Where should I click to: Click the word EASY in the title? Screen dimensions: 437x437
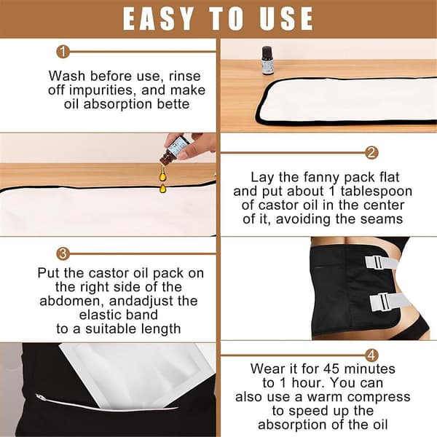click(158, 18)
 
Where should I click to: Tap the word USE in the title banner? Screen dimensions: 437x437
click(286, 18)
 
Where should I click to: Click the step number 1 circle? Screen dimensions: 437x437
click(63, 52)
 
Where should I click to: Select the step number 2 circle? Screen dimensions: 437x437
click(371, 153)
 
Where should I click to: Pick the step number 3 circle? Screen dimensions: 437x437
click(63, 254)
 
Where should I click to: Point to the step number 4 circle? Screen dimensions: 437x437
click(371, 355)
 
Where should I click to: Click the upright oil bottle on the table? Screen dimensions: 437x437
click(267, 60)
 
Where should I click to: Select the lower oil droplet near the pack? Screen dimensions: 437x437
click(162, 189)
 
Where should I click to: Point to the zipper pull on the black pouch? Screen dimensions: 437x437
click(39, 396)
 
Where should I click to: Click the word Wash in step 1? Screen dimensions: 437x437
click(67, 76)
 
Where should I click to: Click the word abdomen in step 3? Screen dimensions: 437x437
click(72, 302)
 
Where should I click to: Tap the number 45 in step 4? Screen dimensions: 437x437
click(331, 369)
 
